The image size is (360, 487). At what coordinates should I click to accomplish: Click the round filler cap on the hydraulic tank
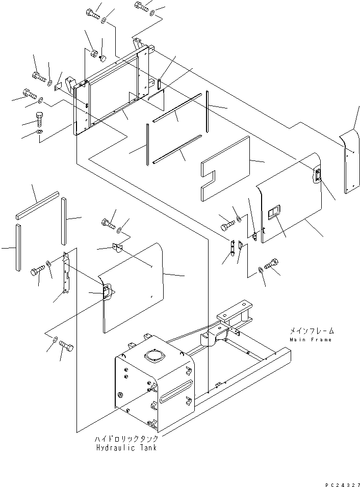click(155, 355)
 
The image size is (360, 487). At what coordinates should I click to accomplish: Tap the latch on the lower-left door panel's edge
click(107, 291)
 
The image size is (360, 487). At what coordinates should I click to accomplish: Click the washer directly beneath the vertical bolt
click(39, 133)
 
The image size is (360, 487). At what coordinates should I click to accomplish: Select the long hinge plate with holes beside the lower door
click(66, 273)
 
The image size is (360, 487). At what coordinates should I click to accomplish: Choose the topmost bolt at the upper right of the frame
click(141, 6)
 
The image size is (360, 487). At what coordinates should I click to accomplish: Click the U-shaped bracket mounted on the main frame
click(237, 314)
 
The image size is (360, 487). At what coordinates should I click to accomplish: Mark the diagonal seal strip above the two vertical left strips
click(37, 205)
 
